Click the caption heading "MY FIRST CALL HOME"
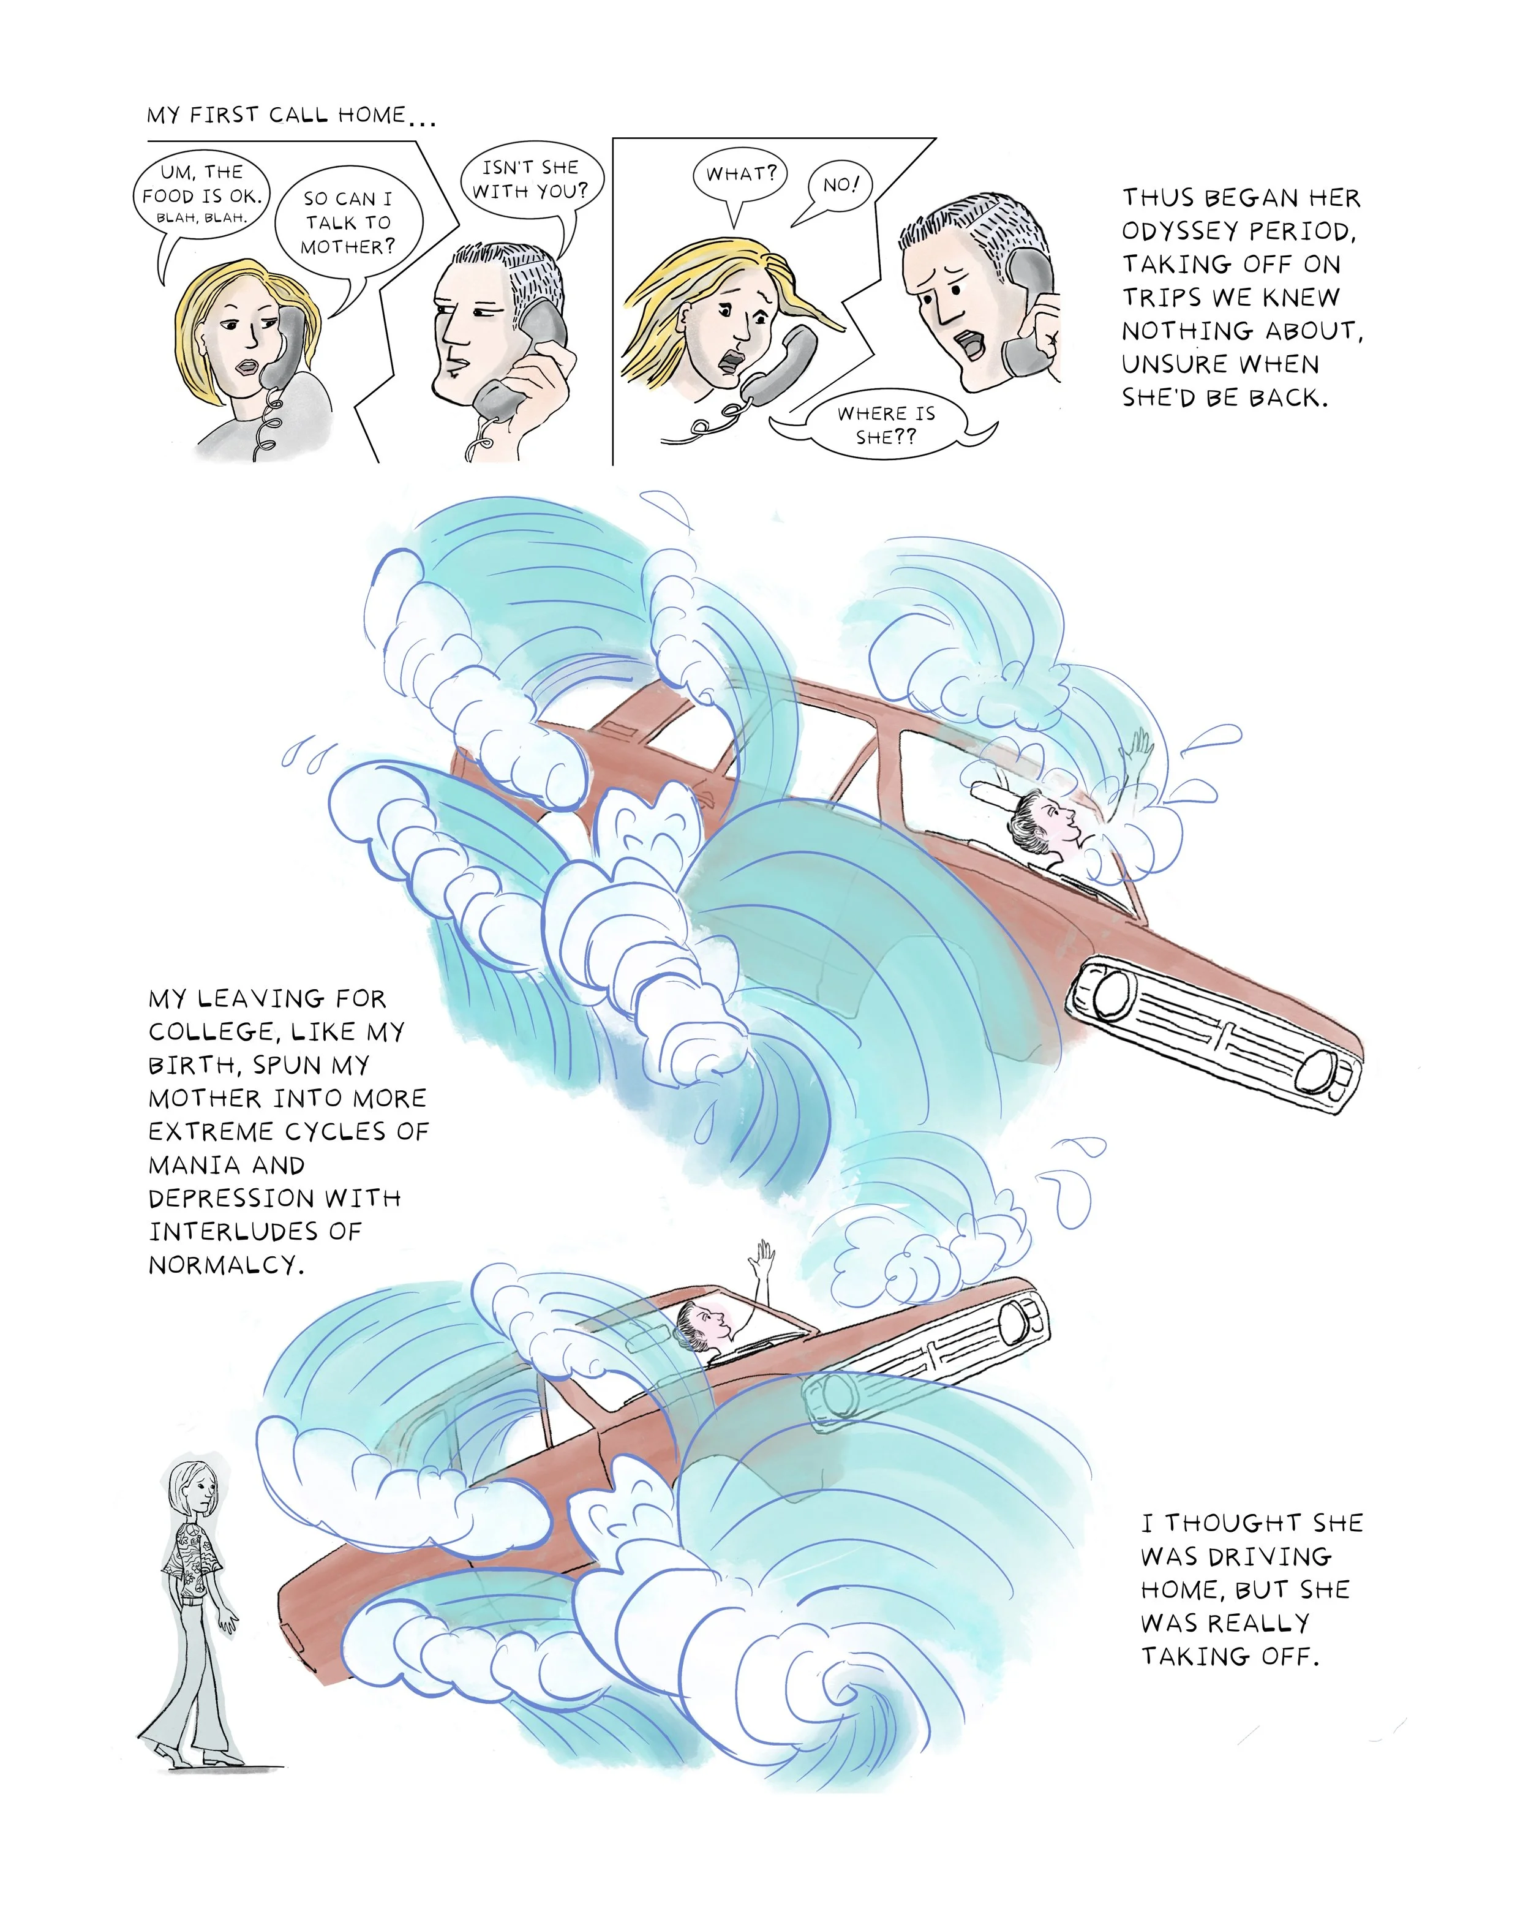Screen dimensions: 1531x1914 (277, 115)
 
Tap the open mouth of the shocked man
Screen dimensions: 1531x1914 (972, 344)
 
